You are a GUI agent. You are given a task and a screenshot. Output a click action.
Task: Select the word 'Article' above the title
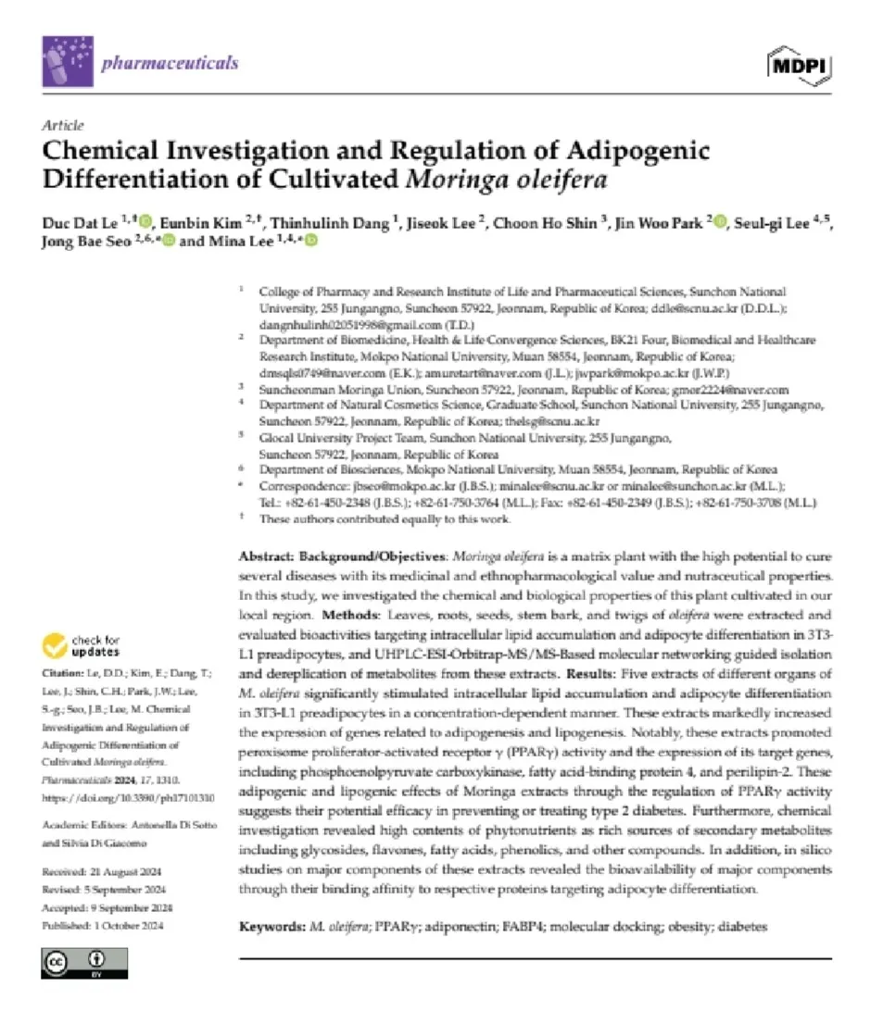(63, 125)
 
